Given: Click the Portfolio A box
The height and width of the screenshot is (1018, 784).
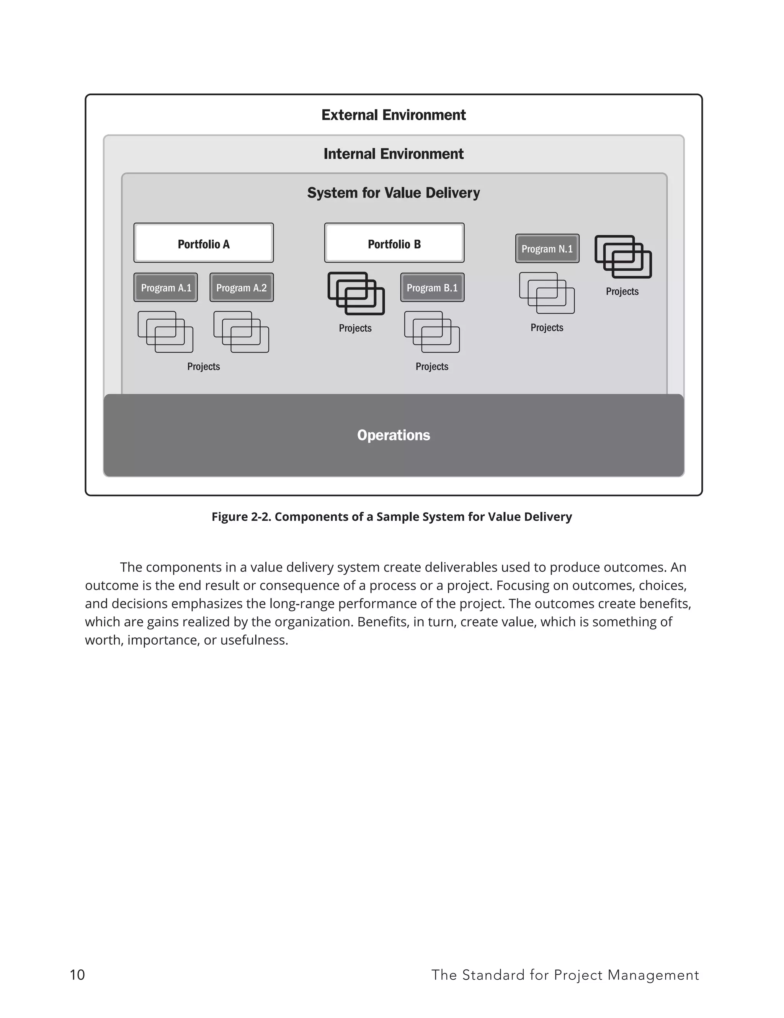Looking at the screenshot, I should [203, 243].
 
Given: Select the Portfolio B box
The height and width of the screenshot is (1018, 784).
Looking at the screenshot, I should [394, 243].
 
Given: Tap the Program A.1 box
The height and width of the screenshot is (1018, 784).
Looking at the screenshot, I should [165, 288].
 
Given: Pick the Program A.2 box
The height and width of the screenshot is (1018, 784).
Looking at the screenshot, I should [242, 288].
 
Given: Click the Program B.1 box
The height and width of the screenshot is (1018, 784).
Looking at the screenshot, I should [432, 288].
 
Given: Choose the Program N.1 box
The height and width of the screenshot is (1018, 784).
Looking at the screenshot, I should [547, 248].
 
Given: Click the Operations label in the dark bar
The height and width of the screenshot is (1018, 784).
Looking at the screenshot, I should [394, 435].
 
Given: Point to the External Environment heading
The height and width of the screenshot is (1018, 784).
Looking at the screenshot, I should [394, 115].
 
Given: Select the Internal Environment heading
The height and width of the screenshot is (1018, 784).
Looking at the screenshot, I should [394, 154].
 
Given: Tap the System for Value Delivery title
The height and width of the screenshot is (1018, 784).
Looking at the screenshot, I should [394, 193].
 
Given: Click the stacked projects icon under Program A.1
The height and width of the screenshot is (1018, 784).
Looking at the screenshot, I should [165, 332].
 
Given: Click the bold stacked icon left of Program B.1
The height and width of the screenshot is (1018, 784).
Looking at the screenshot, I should [356, 294].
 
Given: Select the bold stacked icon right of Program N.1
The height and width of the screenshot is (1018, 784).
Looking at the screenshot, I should [623, 257].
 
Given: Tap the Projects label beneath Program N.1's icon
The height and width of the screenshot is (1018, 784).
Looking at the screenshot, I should [547, 328].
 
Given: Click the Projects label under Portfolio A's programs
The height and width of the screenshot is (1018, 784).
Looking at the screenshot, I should [203, 366].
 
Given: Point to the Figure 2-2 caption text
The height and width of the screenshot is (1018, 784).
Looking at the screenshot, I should [392, 516].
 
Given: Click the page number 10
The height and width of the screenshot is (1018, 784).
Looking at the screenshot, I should [77, 975].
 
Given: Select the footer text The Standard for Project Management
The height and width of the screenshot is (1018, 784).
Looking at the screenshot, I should [565, 975].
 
